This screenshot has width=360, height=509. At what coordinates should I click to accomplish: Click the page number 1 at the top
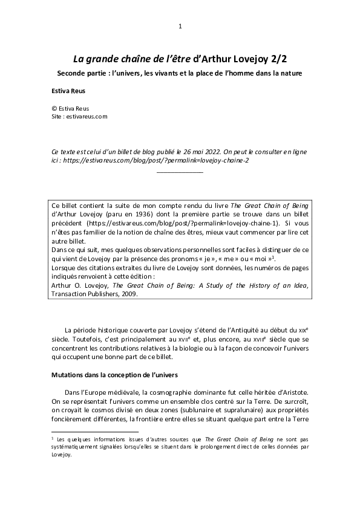[x=180, y=26]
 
